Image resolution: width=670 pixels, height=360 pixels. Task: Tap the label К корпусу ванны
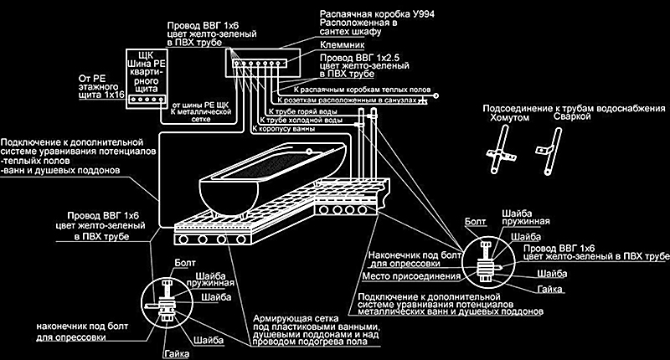[x=282, y=131]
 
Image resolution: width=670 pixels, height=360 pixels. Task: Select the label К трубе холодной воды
[x=307, y=121]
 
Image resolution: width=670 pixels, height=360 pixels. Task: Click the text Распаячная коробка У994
[x=372, y=15]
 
